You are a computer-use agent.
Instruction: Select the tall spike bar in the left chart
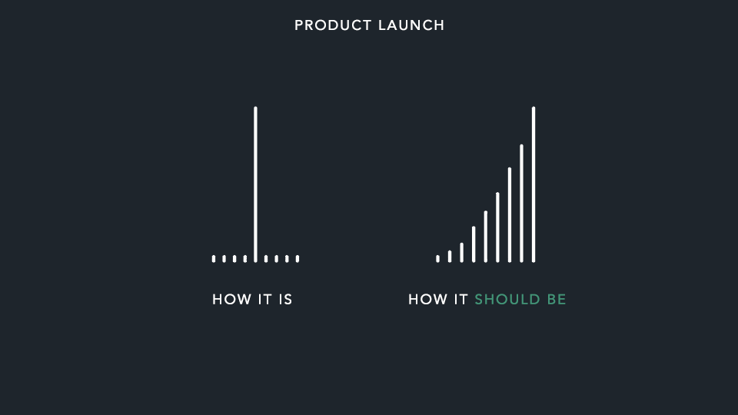[x=255, y=184]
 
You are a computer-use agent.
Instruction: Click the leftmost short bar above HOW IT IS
[x=214, y=259]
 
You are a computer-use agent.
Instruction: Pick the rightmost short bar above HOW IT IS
[x=298, y=259]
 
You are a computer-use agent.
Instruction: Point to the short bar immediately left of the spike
[x=245, y=259]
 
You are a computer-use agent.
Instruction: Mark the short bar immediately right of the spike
[x=266, y=259]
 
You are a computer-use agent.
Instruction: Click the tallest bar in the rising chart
[x=534, y=184]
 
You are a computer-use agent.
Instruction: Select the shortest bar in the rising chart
[x=437, y=259]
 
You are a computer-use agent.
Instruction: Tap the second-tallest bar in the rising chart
[x=521, y=204]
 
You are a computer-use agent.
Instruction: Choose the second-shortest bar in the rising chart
[x=450, y=257]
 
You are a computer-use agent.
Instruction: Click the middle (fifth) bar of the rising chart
[x=485, y=237]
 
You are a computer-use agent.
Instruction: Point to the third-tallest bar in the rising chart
[x=509, y=215]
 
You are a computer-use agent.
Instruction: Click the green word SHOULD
[x=507, y=300]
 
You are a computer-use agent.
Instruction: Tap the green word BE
[x=557, y=300]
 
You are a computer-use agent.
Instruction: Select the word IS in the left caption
[x=285, y=300]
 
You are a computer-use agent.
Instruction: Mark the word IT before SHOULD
[x=460, y=300]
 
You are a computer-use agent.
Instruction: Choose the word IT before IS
[x=264, y=300]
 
